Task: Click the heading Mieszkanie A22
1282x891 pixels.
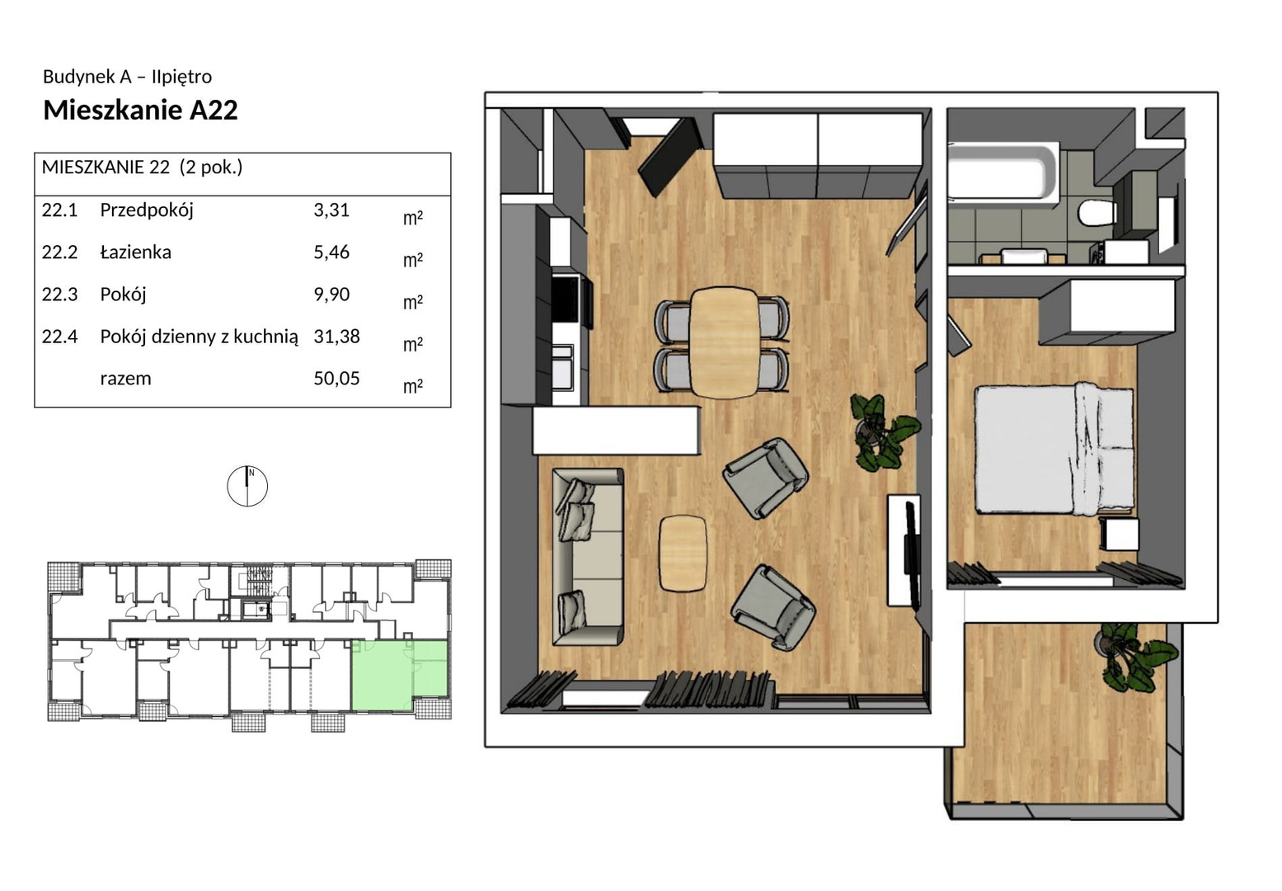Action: [140, 110]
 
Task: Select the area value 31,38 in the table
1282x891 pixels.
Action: [336, 336]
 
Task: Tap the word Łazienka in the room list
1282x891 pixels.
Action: [136, 252]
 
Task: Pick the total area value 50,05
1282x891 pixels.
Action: [336, 378]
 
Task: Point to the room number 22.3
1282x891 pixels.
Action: [59, 295]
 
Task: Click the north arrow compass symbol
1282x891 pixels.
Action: [247, 486]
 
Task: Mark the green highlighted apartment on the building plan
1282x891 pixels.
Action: [400, 676]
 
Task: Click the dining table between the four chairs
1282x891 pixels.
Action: [724, 342]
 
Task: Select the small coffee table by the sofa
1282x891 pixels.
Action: [682, 553]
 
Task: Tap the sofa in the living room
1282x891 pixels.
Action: [588, 557]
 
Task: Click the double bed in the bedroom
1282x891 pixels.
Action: [1054, 449]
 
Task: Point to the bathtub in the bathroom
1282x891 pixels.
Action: [1003, 172]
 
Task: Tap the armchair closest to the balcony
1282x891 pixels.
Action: [772, 607]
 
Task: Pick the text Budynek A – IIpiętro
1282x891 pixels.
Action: [127, 77]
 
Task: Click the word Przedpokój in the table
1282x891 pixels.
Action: [147, 210]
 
